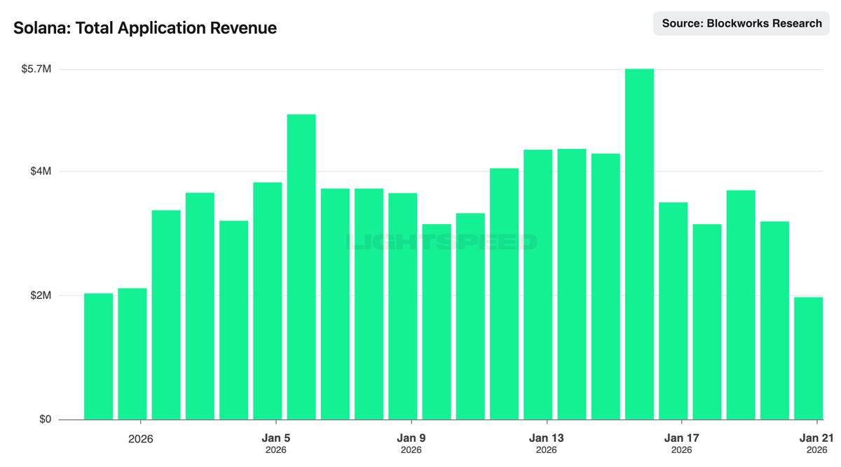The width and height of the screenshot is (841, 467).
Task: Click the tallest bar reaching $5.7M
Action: (639, 244)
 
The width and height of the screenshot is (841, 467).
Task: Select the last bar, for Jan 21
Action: (808, 358)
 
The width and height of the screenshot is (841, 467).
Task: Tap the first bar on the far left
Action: (98, 356)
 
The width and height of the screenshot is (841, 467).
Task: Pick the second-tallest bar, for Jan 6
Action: (301, 267)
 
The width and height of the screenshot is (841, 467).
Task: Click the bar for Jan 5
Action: (267, 301)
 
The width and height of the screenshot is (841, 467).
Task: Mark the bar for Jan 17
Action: (673, 311)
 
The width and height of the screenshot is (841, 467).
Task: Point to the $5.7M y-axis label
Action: (37, 69)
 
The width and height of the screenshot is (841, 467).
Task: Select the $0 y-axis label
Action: (45, 419)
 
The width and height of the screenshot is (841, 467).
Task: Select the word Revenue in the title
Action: (246, 28)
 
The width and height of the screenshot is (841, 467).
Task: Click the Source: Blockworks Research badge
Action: (741, 24)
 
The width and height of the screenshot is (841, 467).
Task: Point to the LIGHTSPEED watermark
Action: (442, 242)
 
